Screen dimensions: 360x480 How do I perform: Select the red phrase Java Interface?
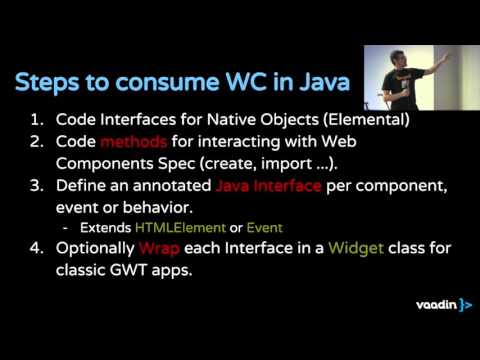coord(268,186)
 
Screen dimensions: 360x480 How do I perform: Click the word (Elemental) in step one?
coord(342,120)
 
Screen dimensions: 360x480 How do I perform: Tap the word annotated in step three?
coord(171,186)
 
